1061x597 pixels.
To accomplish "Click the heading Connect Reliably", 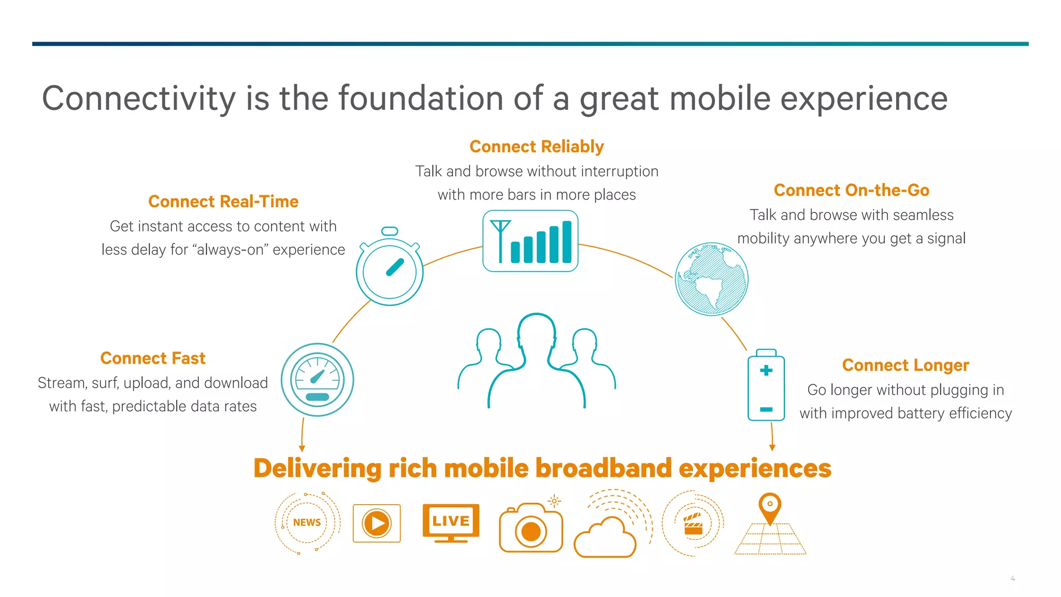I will click(x=536, y=147).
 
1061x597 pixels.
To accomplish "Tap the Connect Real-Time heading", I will click(x=223, y=202).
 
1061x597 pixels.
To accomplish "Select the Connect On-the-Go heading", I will click(x=851, y=190).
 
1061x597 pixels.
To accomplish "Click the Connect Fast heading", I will click(x=153, y=358).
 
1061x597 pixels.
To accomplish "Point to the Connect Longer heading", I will click(x=905, y=365).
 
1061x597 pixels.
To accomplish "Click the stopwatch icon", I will click(x=390, y=269).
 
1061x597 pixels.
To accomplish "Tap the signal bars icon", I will click(x=530, y=241).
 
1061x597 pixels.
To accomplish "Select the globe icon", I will click(x=711, y=279).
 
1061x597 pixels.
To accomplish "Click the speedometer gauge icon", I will click(x=317, y=379).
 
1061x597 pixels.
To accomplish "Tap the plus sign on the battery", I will click(x=766, y=371).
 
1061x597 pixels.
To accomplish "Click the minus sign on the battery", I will click(x=766, y=409).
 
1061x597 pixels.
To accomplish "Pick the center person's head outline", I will click(x=537, y=332).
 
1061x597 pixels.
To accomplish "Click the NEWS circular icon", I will click(x=307, y=522).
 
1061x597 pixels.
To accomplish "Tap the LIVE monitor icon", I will click(x=451, y=521).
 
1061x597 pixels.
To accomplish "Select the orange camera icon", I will click(x=530, y=529).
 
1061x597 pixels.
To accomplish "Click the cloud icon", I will click(x=605, y=539).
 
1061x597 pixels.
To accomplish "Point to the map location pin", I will click(x=770, y=507).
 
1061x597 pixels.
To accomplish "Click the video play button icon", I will click(x=377, y=523).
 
